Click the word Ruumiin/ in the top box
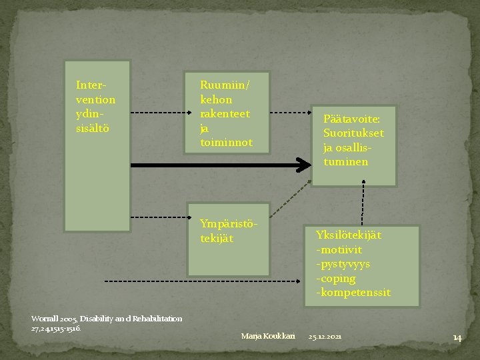225,85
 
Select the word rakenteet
225,113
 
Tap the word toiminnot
227,142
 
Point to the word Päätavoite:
351,119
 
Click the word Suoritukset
353,133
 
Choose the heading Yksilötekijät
349,235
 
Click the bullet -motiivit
340,249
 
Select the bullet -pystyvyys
343,264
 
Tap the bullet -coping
337,279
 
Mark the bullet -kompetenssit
353,293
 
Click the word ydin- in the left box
90,113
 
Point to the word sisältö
93,127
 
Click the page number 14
457,337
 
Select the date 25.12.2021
325,337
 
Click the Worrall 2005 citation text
107,323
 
